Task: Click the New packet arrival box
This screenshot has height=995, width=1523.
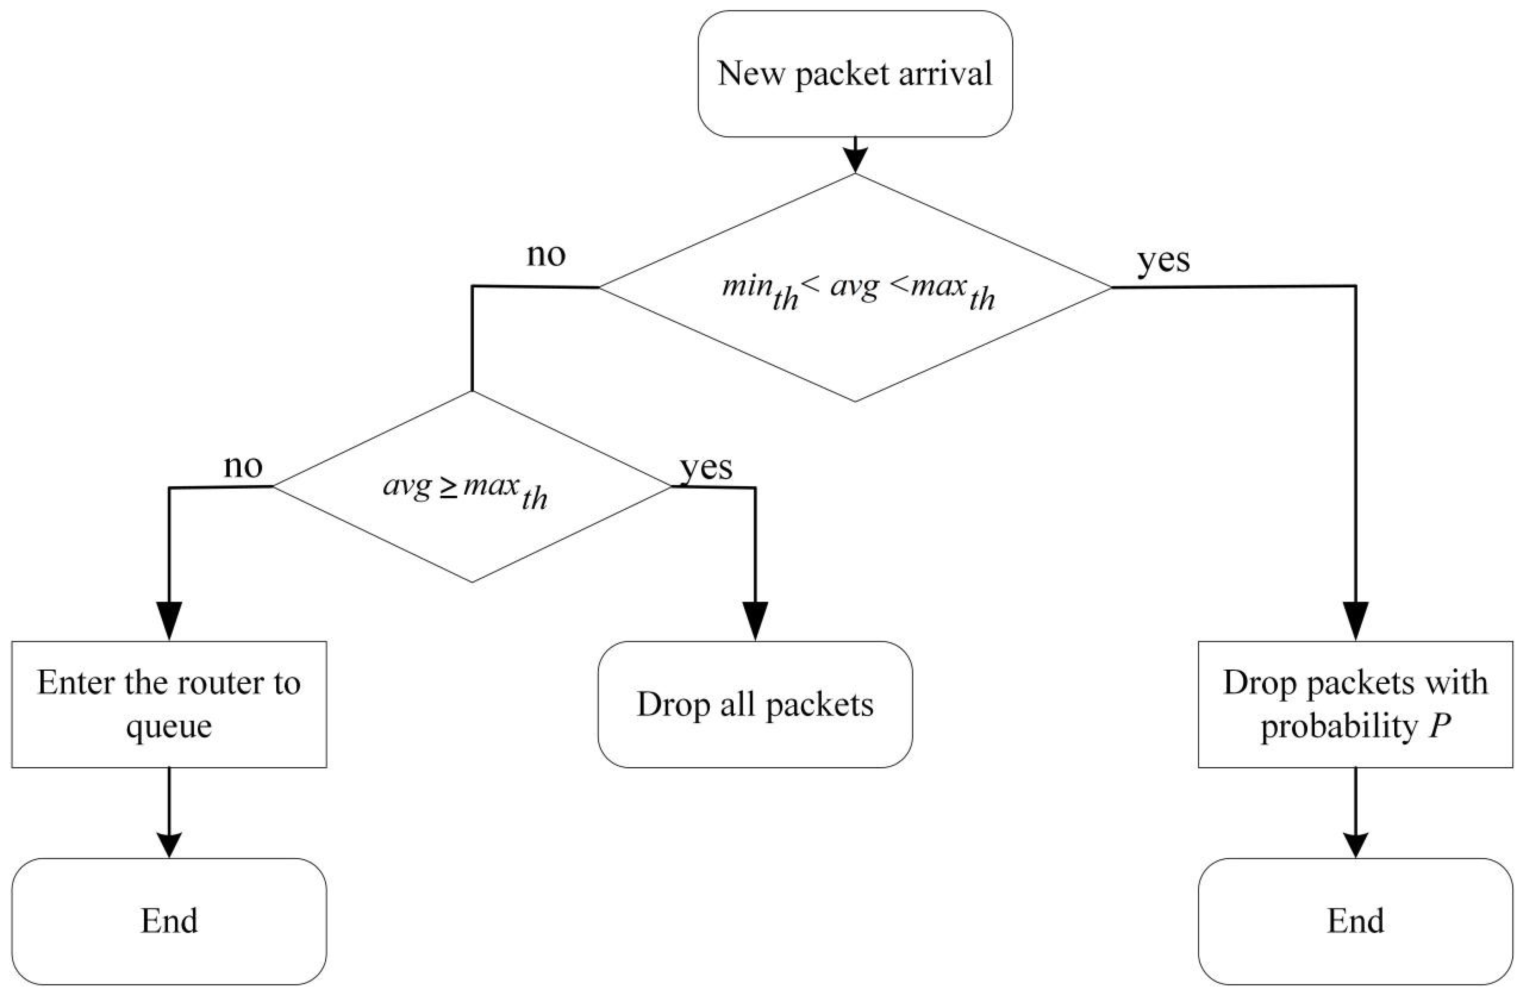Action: [x=855, y=74]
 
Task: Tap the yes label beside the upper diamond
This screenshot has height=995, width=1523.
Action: [x=1163, y=260]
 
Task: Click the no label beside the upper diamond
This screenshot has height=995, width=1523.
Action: [x=546, y=255]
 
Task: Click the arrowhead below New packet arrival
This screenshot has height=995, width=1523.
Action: [x=856, y=160]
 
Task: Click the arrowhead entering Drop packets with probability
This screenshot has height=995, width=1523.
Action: [x=1355, y=620]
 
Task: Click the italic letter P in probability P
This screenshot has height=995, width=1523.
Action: [x=1439, y=726]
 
